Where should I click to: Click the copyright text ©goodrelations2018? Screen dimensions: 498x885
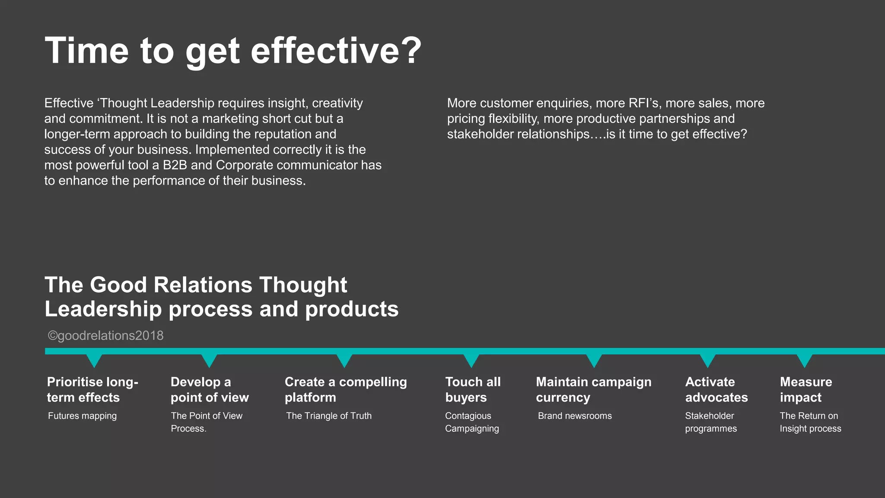coord(105,335)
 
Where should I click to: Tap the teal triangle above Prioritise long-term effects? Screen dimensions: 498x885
coord(94,360)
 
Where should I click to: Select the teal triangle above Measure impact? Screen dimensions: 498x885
coord(804,360)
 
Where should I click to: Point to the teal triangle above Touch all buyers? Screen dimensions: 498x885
coord(471,360)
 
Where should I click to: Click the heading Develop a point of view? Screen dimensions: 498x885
coord(210,389)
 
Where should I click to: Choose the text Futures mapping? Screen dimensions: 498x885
coord(82,416)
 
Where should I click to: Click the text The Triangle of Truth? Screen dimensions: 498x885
coord(328,416)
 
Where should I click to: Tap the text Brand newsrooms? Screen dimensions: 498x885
coord(575,416)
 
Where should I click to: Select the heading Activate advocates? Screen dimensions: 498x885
coord(716,389)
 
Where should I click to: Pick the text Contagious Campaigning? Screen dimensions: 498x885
coord(472,422)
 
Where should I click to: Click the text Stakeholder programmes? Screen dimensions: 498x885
coord(711,422)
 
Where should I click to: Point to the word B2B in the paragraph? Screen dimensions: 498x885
coord(175,165)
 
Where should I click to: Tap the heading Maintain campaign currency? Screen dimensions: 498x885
coord(593,389)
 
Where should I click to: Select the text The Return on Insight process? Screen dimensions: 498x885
coord(810,422)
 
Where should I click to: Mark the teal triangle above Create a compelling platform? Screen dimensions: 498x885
coord(344,360)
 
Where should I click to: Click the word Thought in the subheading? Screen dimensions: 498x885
coord(303,285)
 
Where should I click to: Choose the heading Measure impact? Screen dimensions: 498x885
coord(805,389)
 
